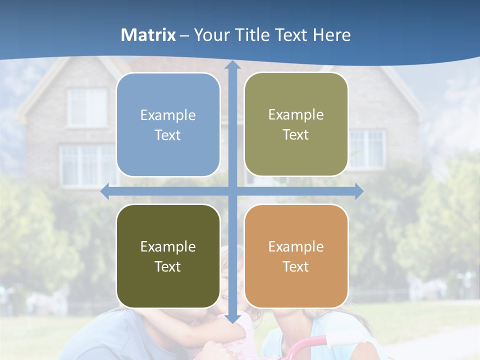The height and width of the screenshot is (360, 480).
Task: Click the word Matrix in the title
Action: (x=148, y=35)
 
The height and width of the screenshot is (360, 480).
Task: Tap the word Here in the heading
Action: (x=332, y=35)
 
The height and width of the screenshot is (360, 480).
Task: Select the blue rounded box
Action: (x=168, y=125)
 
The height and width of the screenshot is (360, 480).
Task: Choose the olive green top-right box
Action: (x=296, y=124)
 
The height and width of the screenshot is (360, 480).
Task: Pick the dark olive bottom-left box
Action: (x=168, y=256)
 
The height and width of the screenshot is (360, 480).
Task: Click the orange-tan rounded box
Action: (x=296, y=256)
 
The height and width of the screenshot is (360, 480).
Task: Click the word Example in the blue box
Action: (x=168, y=115)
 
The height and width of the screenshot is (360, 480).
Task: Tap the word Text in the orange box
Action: (x=296, y=266)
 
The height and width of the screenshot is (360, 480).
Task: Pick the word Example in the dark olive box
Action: (x=168, y=246)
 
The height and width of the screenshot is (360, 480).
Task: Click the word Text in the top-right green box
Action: (x=296, y=135)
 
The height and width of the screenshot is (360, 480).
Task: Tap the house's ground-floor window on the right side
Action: (x=367, y=148)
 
